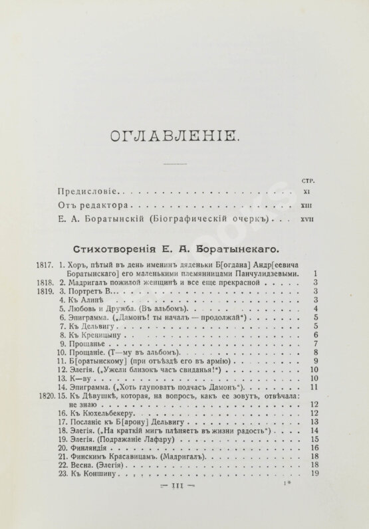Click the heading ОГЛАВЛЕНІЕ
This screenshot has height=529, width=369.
click(172, 136)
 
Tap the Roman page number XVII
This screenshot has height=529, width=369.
click(306, 217)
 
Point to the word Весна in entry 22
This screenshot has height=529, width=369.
click(82, 466)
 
